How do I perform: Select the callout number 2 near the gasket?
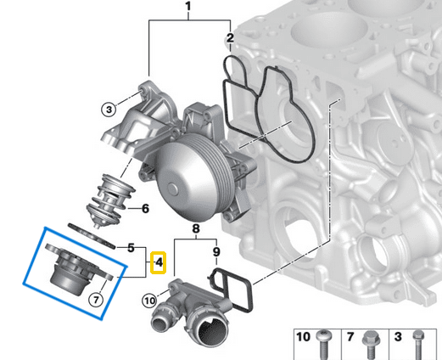click(230, 39)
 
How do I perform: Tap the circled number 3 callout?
click(109, 108)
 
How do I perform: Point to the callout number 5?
click(131, 249)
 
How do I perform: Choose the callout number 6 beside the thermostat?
click(145, 207)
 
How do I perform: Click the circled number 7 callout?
click(96, 299)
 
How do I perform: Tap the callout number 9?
click(215, 251)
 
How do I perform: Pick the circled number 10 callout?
click(149, 298)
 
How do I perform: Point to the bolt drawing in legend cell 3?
click(417, 343)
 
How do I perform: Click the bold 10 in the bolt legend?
click(304, 337)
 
